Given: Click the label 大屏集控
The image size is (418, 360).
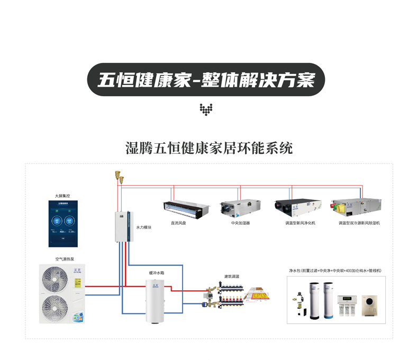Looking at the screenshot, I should point(62,196).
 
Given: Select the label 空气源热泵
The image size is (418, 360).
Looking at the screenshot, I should point(65,259).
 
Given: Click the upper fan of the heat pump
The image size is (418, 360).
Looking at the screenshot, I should point(54,279).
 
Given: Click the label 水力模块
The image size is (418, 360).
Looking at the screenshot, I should point(144,227).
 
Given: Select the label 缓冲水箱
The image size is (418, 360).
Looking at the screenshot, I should point(156,273).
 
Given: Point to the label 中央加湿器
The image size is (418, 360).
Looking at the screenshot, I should point(240,223).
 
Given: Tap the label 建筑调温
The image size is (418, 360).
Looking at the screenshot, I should point(232,276).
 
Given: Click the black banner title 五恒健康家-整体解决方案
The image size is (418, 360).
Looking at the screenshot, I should point(205,80).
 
